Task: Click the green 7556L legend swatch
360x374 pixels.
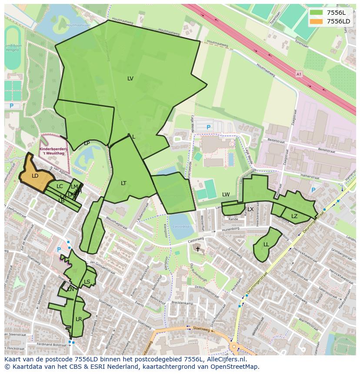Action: click(x=317, y=13)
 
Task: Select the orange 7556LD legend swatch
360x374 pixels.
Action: click(x=317, y=21)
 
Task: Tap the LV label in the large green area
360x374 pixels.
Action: click(x=130, y=79)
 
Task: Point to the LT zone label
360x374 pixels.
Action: click(x=123, y=183)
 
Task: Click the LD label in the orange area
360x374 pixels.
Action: click(x=35, y=176)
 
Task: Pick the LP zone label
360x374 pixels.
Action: click(x=87, y=143)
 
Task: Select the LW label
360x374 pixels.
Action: click(x=226, y=195)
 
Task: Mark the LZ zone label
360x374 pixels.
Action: click(x=294, y=216)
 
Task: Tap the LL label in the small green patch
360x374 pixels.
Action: click(x=266, y=245)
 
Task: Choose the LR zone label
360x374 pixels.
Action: click(x=79, y=319)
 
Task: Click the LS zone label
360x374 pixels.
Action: click(x=87, y=282)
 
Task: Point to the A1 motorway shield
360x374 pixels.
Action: click(x=298, y=74)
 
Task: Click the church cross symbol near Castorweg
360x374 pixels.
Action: click(x=198, y=249)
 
